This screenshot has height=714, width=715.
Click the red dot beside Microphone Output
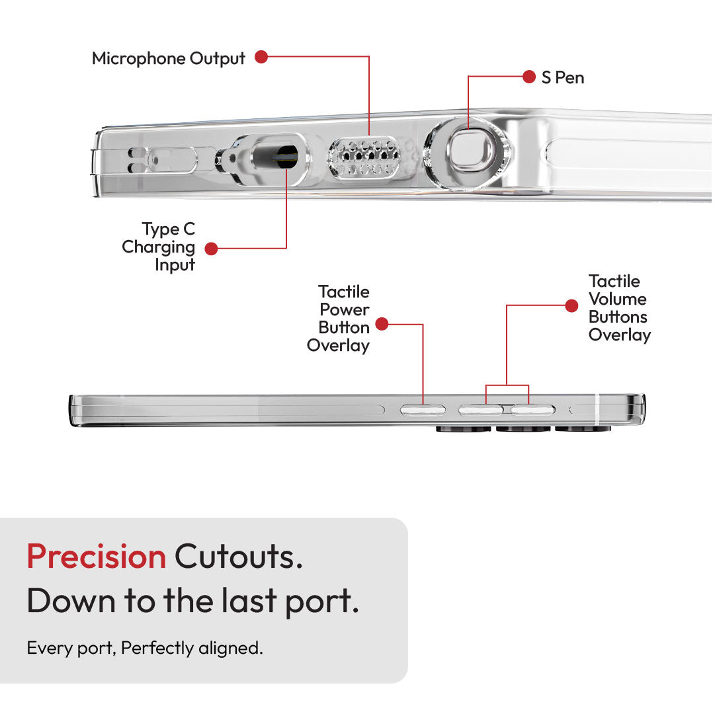click(x=261, y=57)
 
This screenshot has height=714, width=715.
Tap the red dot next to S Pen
click(x=529, y=77)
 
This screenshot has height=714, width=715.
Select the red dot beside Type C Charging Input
click(x=211, y=249)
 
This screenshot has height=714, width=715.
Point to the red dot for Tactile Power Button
click(x=382, y=324)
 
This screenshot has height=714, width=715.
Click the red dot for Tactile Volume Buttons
click(x=571, y=305)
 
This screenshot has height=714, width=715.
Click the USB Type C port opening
click(x=275, y=157)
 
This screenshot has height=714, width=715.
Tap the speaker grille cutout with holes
click(x=364, y=157)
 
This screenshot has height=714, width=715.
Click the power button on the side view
click(x=423, y=410)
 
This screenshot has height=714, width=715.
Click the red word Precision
click(x=96, y=557)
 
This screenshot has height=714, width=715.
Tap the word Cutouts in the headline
click(x=239, y=557)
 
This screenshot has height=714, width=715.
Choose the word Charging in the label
click(x=158, y=247)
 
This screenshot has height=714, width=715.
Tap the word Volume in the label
click(x=617, y=299)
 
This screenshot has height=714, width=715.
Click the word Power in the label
click(x=345, y=309)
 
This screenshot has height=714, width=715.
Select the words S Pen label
click(x=563, y=77)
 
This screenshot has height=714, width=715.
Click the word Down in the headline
click(x=71, y=600)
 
